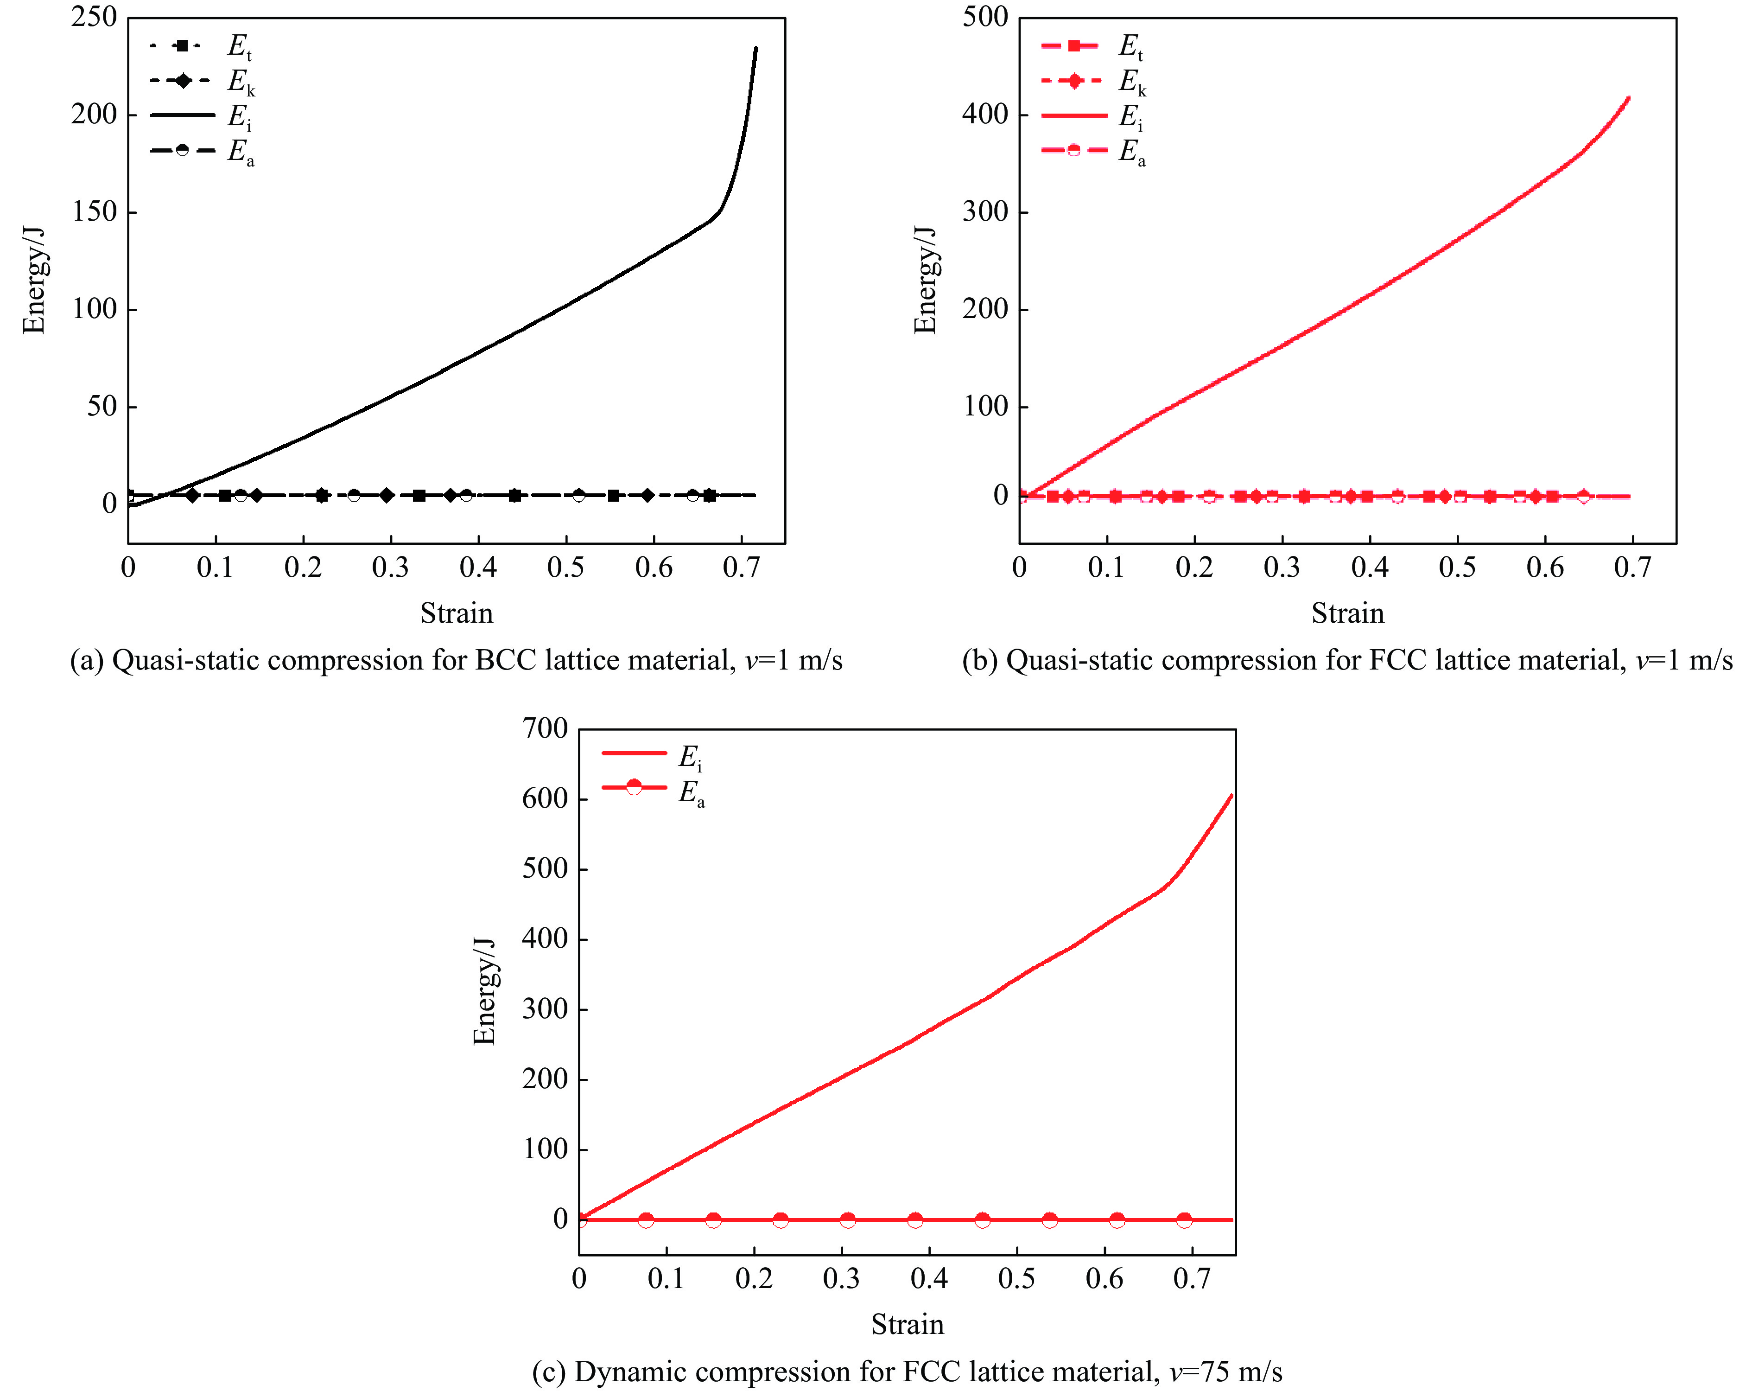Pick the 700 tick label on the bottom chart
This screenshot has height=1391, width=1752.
click(x=545, y=728)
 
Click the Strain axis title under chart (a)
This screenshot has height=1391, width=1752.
click(x=456, y=613)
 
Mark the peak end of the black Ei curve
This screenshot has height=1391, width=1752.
click(x=756, y=49)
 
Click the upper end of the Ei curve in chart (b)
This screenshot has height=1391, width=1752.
click(x=1628, y=99)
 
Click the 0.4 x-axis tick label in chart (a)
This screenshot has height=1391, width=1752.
click(x=478, y=568)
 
